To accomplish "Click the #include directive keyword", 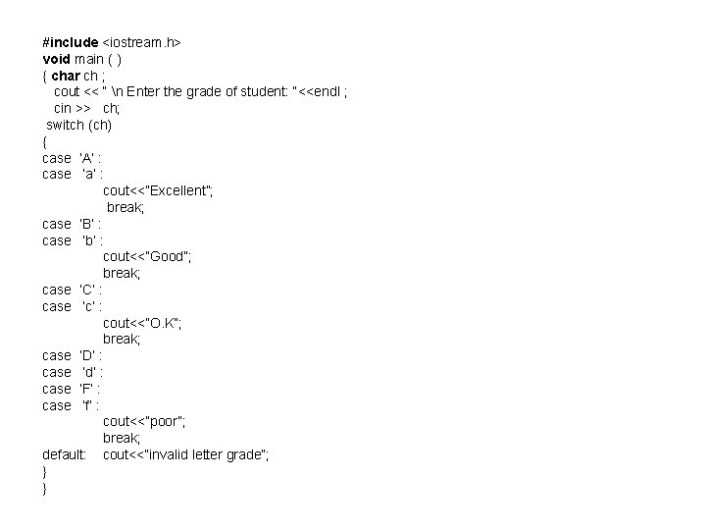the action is tap(71, 42).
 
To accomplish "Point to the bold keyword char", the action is tap(66, 76).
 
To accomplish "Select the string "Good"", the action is tap(154, 256).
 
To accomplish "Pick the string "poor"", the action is tap(151, 421).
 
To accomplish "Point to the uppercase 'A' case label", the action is tap(87, 158).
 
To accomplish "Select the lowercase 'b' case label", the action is tap(89, 240).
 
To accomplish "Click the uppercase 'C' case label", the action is tap(87, 290).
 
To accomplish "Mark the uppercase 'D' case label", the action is tap(87, 355).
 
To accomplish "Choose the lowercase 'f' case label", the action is tap(89, 405).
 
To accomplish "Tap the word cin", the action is tap(63, 108).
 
